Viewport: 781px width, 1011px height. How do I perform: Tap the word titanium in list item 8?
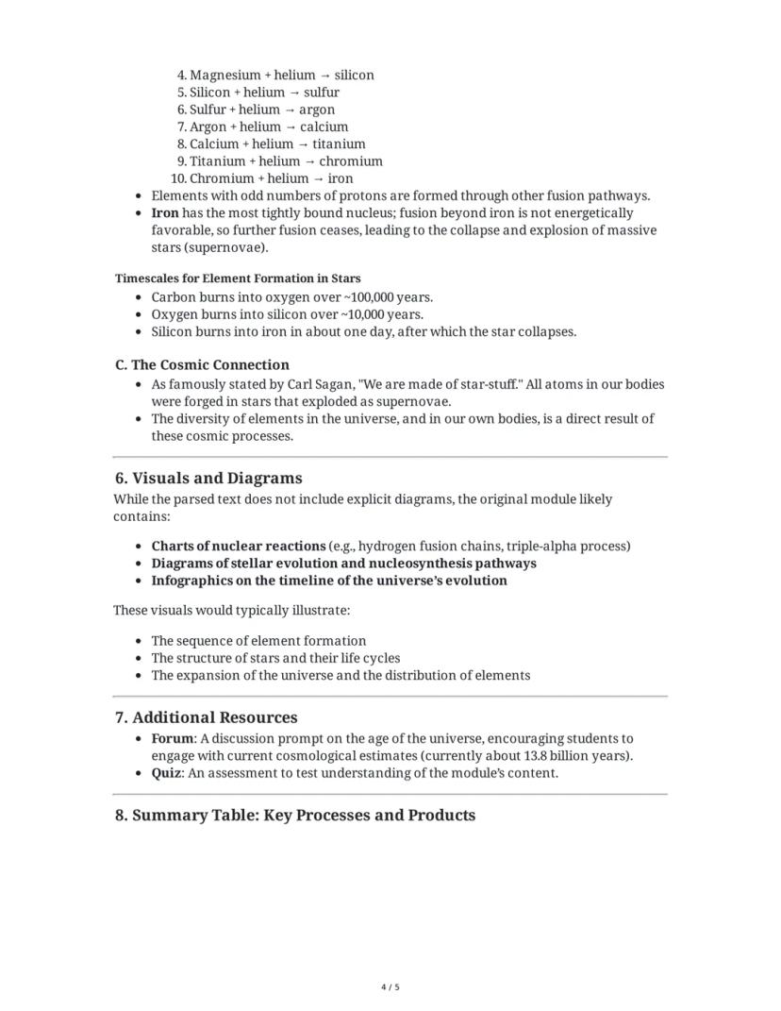pyautogui.click(x=339, y=144)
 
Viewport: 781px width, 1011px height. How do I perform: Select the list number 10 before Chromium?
pyautogui.click(x=178, y=178)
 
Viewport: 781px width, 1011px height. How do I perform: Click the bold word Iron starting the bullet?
pyautogui.click(x=165, y=213)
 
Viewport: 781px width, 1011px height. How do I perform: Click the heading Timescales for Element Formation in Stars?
pyautogui.click(x=238, y=278)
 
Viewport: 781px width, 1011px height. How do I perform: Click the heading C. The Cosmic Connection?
pyautogui.click(x=202, y=364)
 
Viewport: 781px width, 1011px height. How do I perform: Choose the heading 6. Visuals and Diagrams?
pyautogui.click(x=208, y=478)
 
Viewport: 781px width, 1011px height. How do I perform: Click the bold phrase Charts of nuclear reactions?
pyautogui.click(x=238, y=546)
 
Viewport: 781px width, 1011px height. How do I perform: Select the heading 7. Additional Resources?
pyautogui.click(x=206, y=717)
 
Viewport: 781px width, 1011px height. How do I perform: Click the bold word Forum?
pyautogui.click(x=173, y=738)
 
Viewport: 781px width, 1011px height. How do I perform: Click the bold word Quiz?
pyautogui.click(x=166, y=773)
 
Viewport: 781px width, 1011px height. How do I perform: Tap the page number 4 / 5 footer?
pyautogui.click(x=390, y=987)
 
